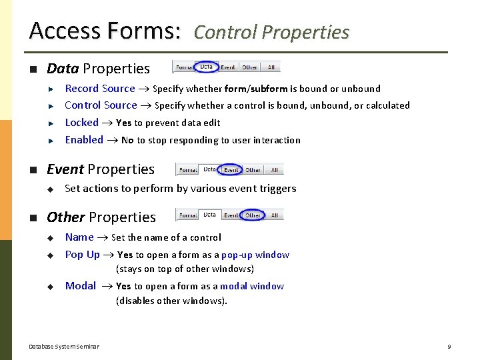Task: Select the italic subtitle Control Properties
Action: point(271,33)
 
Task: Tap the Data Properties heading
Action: point(98,69)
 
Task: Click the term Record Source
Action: point(100,89)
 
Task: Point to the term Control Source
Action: point(101,105)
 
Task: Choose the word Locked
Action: point(81,123)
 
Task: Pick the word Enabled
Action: point(84,140)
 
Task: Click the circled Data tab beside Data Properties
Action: point(207,67)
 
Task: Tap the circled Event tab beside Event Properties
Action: point(231,170)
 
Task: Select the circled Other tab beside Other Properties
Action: point(253,215)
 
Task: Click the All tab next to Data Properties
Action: point(271,67)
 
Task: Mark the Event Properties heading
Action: point(100,169)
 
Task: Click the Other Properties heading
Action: point(101,217)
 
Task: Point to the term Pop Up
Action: point(82,255)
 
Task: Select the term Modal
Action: point(81,286)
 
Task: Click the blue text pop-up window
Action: point(255,255)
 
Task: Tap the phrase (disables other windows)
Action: point(171,301)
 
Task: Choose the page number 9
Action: point(449,347)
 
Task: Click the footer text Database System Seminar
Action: point(64,347)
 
